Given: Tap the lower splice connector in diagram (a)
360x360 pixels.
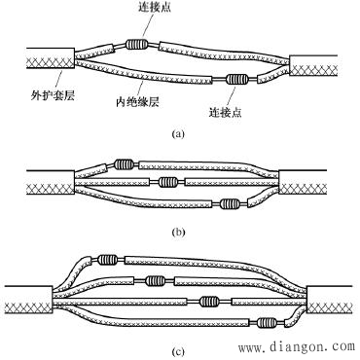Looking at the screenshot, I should (235, 81).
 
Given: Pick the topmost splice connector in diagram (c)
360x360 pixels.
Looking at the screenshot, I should (105, 260).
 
